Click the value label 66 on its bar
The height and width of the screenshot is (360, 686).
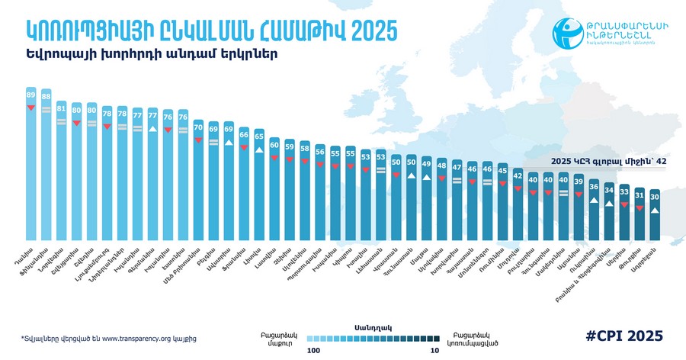[244, 135]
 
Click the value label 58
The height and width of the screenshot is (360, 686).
[305, 148]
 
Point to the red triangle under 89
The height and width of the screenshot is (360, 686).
[31, 108]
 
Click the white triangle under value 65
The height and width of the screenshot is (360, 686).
[259, 150]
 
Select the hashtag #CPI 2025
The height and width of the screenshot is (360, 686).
[624, 336]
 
